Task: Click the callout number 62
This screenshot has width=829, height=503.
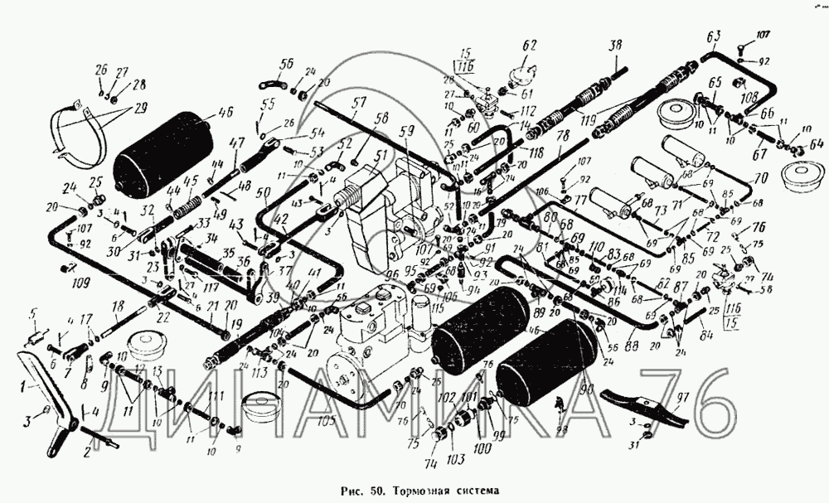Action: click(530, 45)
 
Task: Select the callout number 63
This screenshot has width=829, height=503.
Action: click(713, 36)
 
